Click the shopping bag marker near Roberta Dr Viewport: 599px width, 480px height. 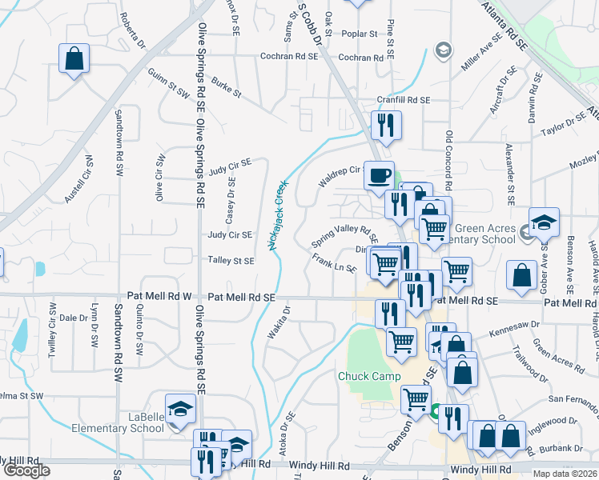(x=74, y=58)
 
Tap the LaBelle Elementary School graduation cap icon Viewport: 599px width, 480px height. (x=180, y=409)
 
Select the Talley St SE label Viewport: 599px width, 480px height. (x=231, y=260)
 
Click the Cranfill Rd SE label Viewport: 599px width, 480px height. (x=404, y=100)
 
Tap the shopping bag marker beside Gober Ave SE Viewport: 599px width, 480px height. (x=521, y=275)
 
